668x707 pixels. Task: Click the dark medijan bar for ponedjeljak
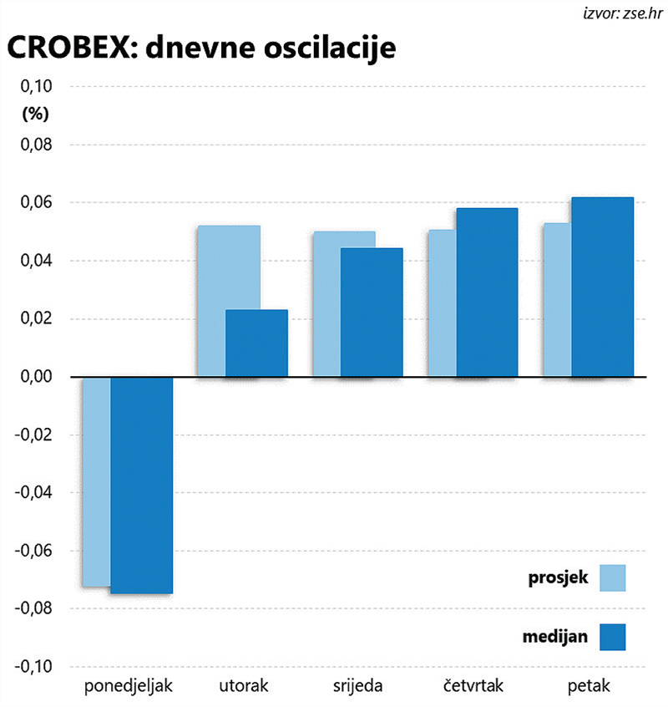point(141,485)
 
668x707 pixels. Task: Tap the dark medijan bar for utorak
point(256,343)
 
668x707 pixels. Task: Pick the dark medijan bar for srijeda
point(371,313)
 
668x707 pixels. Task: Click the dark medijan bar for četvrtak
point(487,292)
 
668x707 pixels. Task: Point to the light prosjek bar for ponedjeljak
point(96,481)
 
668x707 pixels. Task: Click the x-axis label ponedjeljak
point(129,687)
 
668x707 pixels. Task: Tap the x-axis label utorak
point(244,687)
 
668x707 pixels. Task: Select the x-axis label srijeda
point(357,687)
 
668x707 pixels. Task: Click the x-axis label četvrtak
point(473,687)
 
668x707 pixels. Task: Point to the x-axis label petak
point(589,687)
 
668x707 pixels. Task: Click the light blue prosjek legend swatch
point(612,577)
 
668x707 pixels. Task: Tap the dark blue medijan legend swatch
point(612,637)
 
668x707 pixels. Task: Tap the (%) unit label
point(35,112)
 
